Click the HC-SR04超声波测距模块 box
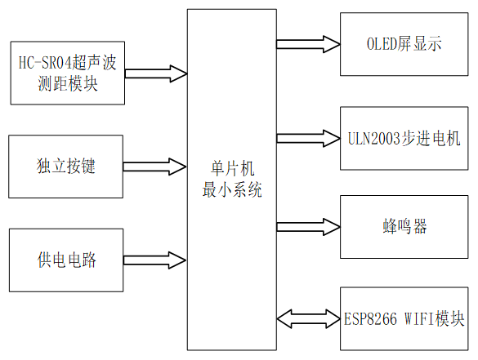66,73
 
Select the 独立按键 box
66,166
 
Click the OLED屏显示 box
404,44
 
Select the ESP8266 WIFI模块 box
404,317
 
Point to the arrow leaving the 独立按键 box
155,167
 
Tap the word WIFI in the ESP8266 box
419,318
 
